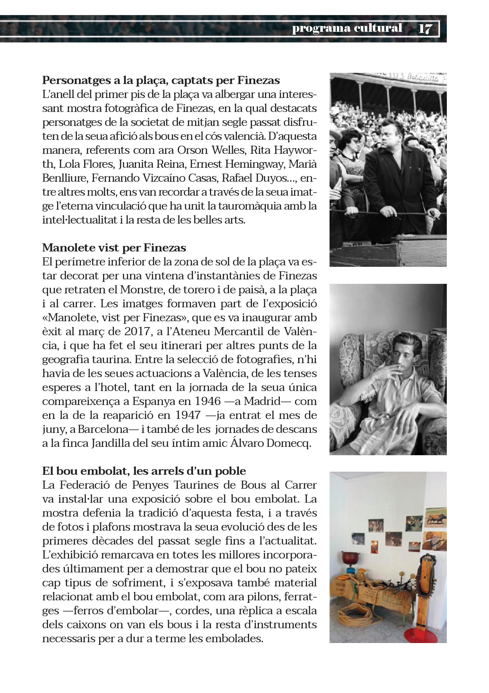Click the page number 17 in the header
click(425, 29)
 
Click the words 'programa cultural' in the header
click(347, 28)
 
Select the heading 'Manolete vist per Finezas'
click(114, 248)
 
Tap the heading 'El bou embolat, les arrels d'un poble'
click(144, 471)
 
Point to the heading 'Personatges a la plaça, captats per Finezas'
click(161, 81)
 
